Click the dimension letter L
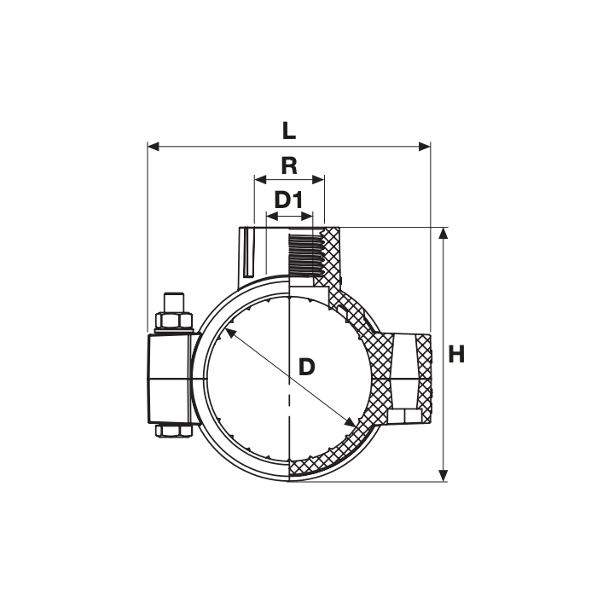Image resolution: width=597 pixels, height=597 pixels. point(289,131)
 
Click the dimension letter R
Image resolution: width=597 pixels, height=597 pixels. point(289,166)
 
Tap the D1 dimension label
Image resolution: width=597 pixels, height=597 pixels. point(288,200)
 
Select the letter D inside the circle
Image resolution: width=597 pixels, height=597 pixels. point(306,367)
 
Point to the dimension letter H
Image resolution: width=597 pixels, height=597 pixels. point(456,355)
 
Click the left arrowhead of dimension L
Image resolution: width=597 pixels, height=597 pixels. point(153,146)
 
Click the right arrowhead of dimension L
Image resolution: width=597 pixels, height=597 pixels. point(425,146)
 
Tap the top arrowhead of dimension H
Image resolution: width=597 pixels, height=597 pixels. point(443,234)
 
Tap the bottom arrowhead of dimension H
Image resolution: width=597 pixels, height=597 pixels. point(443,476)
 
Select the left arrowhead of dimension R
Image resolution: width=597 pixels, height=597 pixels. point(260,179)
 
